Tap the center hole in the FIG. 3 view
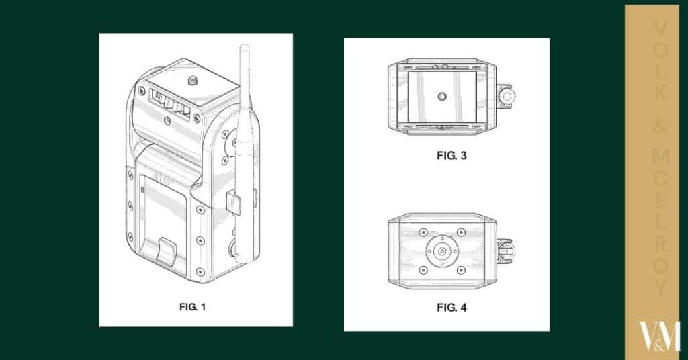point(443,97)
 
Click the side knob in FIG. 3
point(505,97)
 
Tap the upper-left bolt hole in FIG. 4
point(423,232)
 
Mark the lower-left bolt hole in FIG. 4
point(423,271)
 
